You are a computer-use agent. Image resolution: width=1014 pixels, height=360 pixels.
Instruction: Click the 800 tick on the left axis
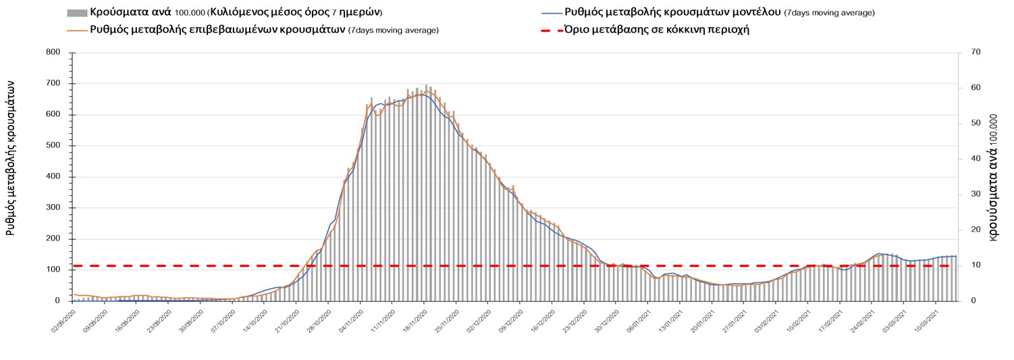coord(53,53)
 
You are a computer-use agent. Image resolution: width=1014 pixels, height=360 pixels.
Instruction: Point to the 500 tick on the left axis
coord(53,146)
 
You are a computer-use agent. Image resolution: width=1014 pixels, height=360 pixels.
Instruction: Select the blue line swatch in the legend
coord(551,13)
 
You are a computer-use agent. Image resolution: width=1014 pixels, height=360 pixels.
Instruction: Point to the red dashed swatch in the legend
coord(551,30)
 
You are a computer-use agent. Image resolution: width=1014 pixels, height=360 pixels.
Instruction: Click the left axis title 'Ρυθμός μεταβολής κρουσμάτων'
coord(11,157)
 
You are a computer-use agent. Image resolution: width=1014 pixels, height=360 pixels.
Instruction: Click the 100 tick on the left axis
coord(53,270)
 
